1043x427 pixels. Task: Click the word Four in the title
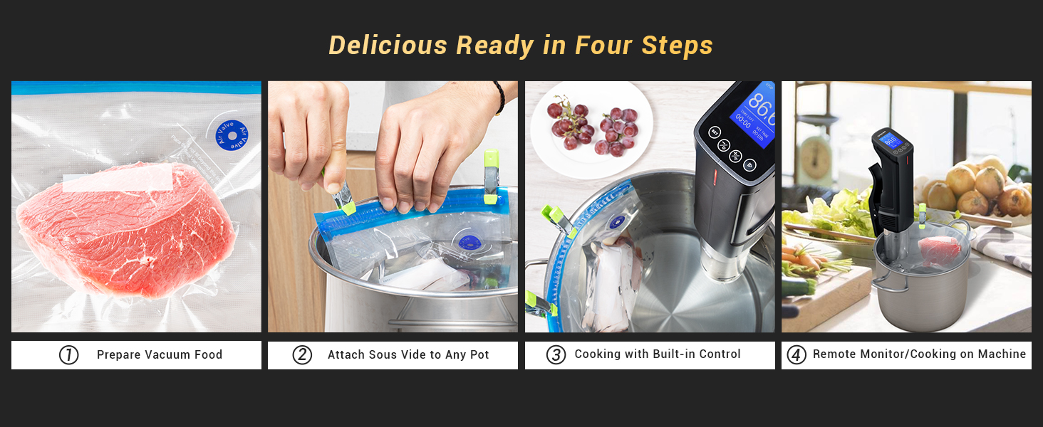(603, 46)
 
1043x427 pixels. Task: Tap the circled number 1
(68, 354)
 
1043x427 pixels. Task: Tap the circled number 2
(302, 354)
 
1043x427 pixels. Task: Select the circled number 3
(556, 354)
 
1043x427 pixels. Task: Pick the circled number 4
(796, 354)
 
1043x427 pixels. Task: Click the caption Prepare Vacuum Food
(160, 354)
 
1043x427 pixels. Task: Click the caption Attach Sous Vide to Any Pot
(408, 354)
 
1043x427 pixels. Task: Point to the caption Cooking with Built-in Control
(658, 354)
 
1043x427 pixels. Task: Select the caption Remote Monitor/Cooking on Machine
(919, 354)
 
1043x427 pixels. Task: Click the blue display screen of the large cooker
(753, 114)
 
